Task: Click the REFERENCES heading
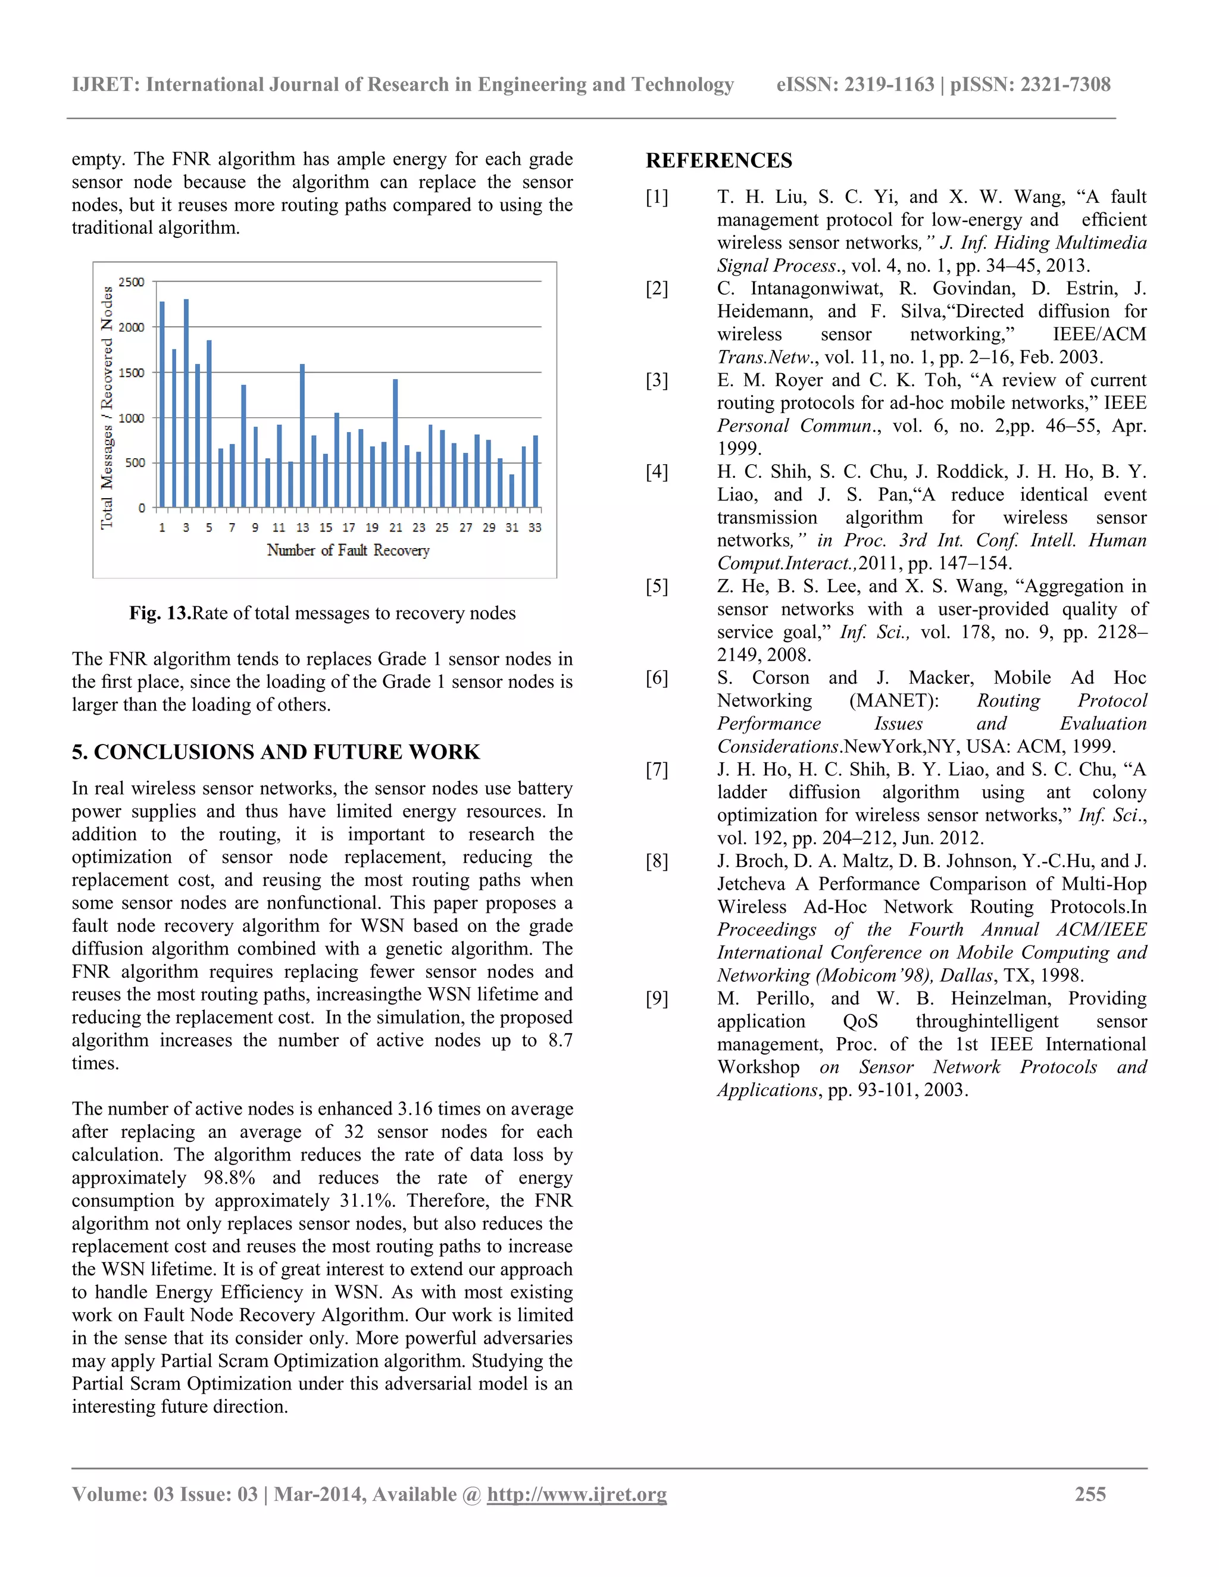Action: point(718,160)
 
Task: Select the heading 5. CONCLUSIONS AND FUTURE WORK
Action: point(275,752)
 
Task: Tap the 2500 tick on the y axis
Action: point(132,282)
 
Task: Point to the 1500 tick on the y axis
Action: point(132,373)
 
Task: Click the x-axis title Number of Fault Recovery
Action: point(348,550)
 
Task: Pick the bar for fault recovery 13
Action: point(302,436)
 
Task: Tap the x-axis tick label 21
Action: point(396,528)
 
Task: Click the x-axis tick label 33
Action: point(535,528)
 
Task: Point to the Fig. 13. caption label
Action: point(160,613)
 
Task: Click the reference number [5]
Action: point(657,586)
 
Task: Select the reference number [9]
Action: point(657,999)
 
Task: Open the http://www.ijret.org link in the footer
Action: point(576,1494)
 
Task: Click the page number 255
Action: point(1090,1494)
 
